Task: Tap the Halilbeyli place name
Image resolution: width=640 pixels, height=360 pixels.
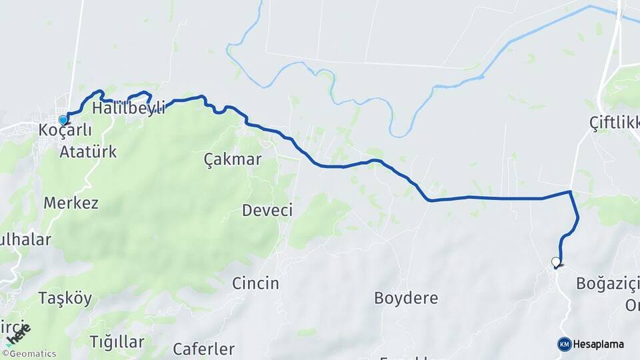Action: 129,108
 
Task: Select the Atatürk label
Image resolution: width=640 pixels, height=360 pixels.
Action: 88,152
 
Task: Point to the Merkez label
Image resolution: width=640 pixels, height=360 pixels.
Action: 71,203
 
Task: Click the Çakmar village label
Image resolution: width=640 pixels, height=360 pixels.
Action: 232,159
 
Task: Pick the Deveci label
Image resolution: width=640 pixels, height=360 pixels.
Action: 267,211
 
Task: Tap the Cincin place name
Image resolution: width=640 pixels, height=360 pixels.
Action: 255,283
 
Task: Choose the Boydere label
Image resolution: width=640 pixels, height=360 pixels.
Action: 406,298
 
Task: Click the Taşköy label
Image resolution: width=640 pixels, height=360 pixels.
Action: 65,297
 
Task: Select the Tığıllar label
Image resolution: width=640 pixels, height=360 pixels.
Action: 117,343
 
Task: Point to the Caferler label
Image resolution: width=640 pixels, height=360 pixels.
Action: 203,349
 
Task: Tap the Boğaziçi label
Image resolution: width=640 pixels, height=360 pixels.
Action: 607,285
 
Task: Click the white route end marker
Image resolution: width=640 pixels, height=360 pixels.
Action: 555,262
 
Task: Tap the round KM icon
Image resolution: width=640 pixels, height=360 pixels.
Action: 564,344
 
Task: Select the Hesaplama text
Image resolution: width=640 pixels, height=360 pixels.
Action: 599,344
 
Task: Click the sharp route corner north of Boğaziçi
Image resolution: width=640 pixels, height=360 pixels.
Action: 570,192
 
